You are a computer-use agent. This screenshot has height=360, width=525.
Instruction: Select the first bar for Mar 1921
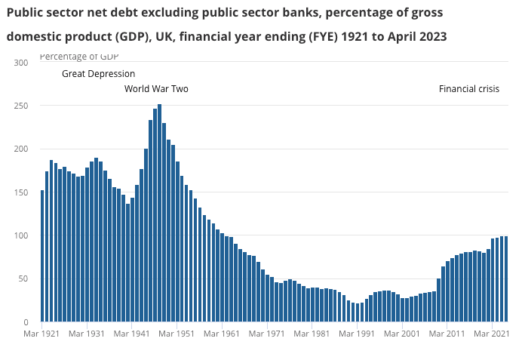click(42, 256)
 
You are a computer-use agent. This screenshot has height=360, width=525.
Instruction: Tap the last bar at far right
click(506, 279)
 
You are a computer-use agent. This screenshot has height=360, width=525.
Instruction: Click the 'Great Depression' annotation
click(98, 74)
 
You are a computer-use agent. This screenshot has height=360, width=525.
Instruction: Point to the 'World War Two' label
click(156, 89)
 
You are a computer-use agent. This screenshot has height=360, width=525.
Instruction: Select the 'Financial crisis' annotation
click(469, 89)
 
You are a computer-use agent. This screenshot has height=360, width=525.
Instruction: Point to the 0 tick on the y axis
click(25, 322)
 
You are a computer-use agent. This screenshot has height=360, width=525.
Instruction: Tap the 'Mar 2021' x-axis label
click(493, 333)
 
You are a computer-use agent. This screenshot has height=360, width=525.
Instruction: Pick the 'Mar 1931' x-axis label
click(86, 333)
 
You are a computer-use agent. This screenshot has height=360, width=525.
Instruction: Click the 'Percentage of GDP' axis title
click(78, 57)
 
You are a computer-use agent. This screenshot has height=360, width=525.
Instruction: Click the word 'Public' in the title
click(26, 14)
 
